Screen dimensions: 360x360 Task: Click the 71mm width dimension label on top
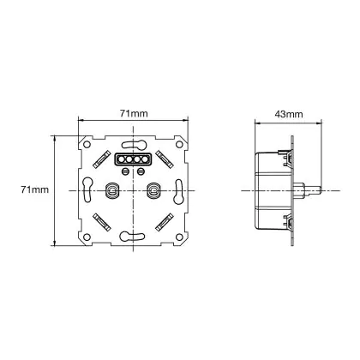134,113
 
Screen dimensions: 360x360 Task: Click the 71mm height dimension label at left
35,189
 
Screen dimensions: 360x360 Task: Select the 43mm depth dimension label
289,114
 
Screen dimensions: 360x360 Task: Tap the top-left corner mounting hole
87,144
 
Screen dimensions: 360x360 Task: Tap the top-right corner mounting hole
179,144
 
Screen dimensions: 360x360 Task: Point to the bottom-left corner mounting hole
87,237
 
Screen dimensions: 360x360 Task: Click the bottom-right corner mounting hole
179,237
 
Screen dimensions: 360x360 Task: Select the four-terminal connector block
133,159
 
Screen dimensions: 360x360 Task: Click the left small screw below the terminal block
125,171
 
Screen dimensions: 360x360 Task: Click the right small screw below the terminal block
141,171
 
